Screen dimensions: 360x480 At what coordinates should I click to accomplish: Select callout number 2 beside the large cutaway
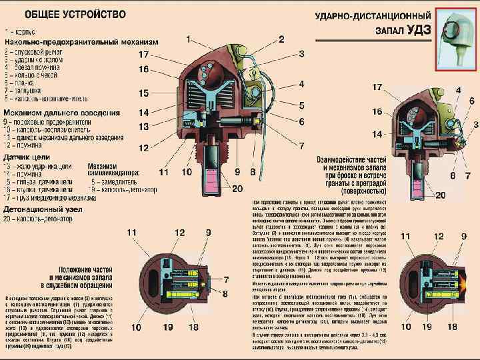point(282,39)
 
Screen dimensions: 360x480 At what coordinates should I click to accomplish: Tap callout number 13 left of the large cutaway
point(143,127)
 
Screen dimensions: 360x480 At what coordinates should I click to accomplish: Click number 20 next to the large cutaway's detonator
point(238,189)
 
